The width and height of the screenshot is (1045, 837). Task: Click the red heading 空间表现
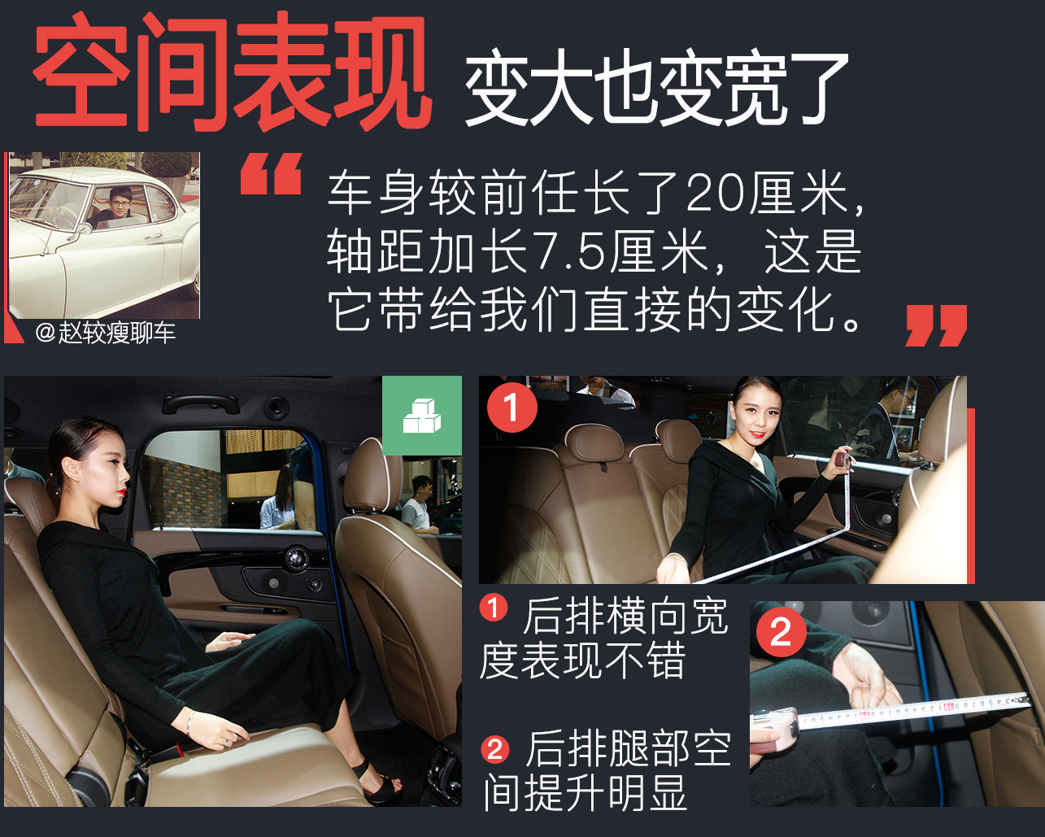click(x=232, y=75)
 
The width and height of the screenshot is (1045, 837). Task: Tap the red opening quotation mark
click(x=271, y=174)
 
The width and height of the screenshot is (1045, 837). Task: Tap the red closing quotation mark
click(x=936, y=325)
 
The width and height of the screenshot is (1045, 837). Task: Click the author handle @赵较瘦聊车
click(x=105, y=333)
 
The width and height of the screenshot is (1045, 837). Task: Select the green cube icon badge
click(x=422, y=416)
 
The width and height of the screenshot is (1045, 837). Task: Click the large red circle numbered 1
click(x=512, y=408)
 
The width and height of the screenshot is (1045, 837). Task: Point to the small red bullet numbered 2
click(x=494, y=748)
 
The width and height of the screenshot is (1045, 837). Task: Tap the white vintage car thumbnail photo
click(x=104, y=235)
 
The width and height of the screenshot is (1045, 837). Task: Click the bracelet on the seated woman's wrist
click(x=189, y=721)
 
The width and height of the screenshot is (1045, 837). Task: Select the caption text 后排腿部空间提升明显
click(x=606, y=770)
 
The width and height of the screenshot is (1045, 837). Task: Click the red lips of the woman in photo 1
click(x=758, y=434)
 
